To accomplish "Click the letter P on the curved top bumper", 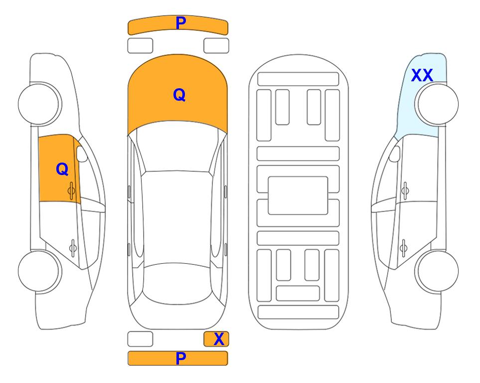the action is click(x=181, y=23).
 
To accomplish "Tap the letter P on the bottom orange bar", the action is click(x=181, y=358).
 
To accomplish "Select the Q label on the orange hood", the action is click(x=179, y=95).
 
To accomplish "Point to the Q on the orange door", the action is click(x=62, y=169).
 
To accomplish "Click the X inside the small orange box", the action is click(x=219, y=339).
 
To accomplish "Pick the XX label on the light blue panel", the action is click(x=422, y=75).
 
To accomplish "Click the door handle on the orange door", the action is click(x=71, y=191).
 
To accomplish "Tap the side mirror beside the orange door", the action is click(x=82, y=154).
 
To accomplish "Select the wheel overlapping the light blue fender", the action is click(x=437, y=104).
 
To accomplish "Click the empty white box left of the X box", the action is click(x=140, y=339).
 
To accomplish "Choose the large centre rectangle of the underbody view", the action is click(x=298, y=195).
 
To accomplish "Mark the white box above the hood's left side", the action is click(x=140, y=46).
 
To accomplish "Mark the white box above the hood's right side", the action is click(x=216, y=46).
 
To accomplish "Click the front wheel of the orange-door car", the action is click(x=40, y=104).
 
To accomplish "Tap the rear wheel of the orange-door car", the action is click(x=40, y=271).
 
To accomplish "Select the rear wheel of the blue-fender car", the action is click(x=437, y=271).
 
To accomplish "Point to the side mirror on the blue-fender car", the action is click(x=395, y=154).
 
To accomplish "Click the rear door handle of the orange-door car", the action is click(x=73, y=247).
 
